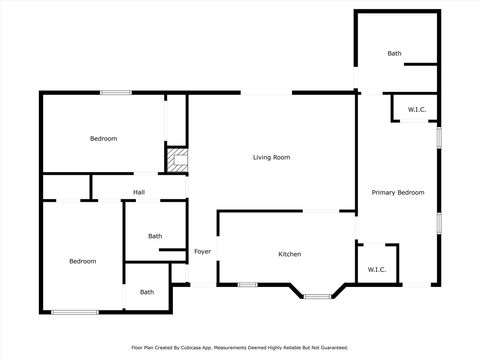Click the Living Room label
(x=271, y=158)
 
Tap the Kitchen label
(x=289, y=255)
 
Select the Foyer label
(x=202, y=251)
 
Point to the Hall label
(x=139, y=192)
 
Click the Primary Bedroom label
(x=397, y=192)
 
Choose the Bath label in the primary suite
(x=394, y=53)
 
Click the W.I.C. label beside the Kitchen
(x=377, y=269)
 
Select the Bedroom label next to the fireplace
(x=103, y=138)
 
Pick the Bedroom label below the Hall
(x=82, y=261)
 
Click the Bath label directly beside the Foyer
(x=155, y=236)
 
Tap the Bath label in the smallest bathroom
(x=147, y=292)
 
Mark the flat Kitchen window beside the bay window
(x=247, y=285)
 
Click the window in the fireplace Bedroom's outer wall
(x=115, y=93)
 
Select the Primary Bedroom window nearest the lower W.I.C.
(x=438, y=222)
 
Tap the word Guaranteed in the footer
(x=330, y=348)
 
